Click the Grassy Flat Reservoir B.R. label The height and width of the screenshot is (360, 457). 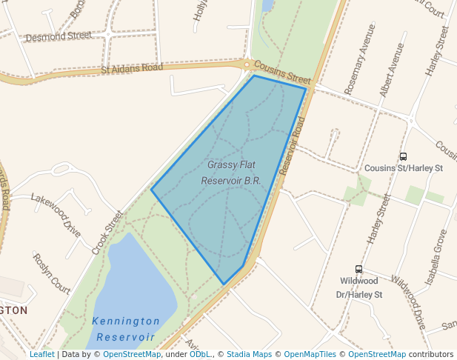232,172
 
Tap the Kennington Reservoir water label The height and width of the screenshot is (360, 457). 125,329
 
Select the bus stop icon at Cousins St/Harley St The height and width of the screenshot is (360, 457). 403,156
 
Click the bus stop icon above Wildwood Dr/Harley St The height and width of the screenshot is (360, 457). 358,270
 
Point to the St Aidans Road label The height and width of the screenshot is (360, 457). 132,68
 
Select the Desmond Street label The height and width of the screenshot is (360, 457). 58,36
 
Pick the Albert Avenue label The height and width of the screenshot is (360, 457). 392,70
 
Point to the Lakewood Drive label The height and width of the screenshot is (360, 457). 56,211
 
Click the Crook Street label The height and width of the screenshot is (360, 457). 107,231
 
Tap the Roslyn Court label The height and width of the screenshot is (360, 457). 51,274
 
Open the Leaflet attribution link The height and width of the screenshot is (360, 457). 41,354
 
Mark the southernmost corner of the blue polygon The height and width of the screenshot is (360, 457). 224,284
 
